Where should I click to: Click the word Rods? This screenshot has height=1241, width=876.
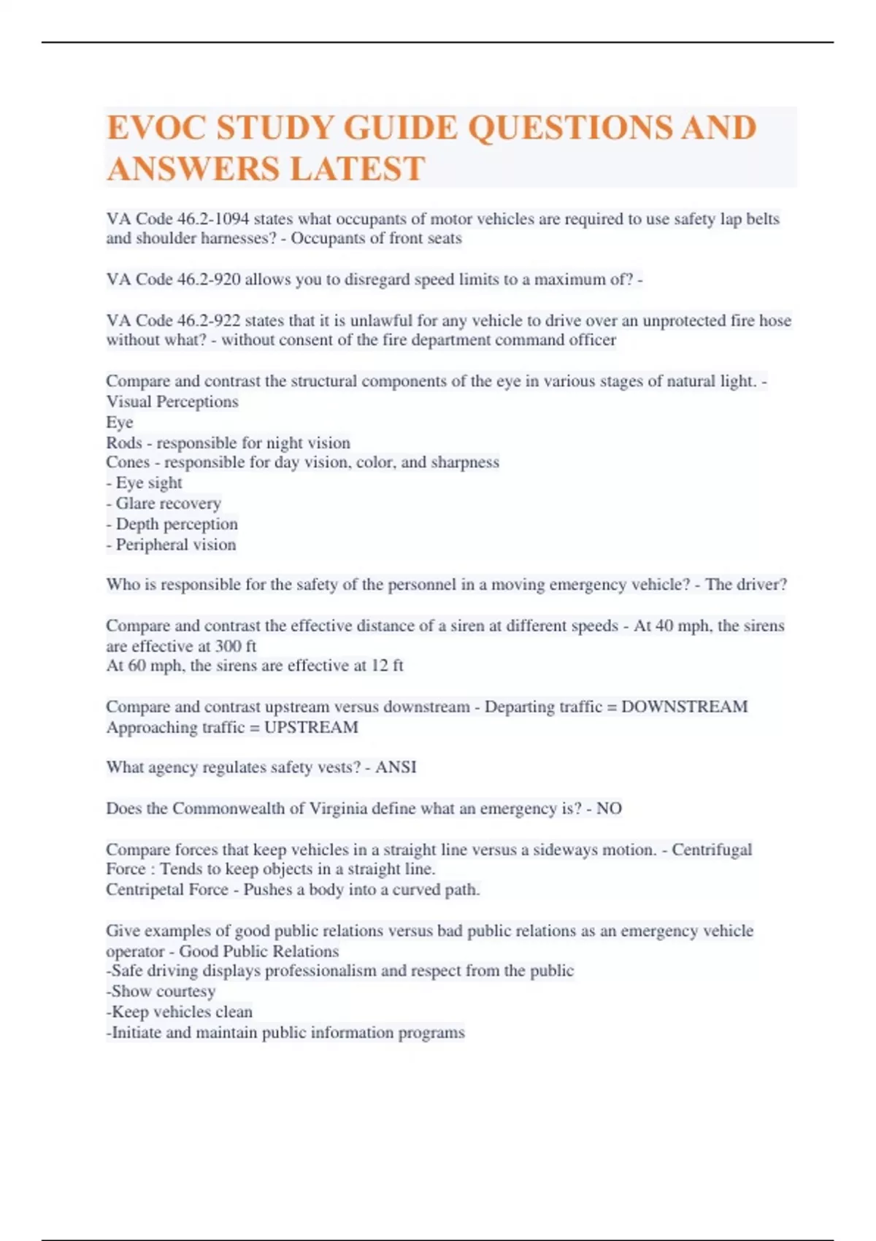123,443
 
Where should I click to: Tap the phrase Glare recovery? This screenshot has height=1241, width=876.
168,504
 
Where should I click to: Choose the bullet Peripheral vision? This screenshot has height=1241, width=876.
175,545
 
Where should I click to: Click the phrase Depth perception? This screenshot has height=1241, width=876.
176,524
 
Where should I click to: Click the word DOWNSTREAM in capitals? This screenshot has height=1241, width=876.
684,707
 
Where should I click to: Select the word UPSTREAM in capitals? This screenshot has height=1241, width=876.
311,728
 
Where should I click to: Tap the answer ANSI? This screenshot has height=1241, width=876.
396,767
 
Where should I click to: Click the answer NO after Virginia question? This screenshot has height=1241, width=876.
609,809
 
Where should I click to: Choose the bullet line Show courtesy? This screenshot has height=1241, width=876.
163,991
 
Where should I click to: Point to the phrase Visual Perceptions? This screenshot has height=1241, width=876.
172,401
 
